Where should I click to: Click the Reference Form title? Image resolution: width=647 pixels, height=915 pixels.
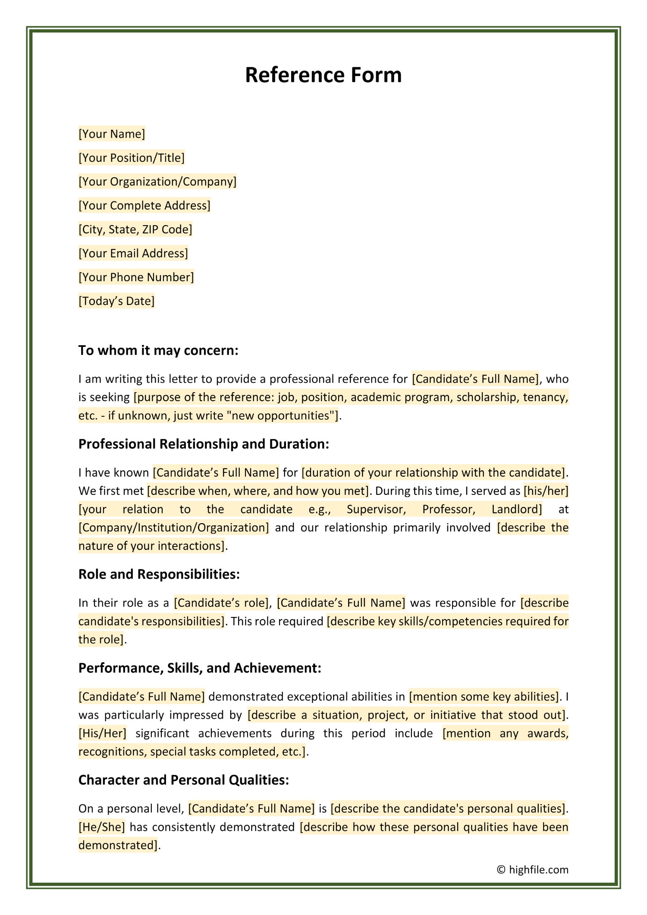(x=323, y=75)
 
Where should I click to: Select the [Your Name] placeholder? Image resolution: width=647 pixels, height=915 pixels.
(x=112, y=134)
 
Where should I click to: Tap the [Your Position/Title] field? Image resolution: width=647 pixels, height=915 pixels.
(x=132, y=158)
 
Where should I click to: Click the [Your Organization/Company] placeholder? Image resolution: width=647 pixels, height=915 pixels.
(x=157, y=182)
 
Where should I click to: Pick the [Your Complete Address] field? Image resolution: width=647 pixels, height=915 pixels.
(x=144, y=205)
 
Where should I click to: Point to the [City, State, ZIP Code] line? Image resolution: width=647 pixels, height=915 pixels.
(x=135, y=230)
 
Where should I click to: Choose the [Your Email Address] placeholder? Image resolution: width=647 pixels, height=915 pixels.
(x=133, y=253)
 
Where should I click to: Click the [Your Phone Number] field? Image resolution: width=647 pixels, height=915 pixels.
(x=136, y=277)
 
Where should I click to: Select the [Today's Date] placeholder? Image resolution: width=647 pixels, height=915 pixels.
(x=116, y=301)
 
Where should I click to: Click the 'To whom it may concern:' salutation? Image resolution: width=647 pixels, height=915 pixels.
(x=158, y=350)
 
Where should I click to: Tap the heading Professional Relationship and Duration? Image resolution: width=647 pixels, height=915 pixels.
(x=204, y=444)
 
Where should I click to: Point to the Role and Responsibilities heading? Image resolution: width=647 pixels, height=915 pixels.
(x=159, y=574)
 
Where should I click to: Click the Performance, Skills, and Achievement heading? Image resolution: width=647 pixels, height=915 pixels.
(x=200, y=668)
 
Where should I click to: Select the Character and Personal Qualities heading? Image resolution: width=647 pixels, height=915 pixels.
(x=183, y=780)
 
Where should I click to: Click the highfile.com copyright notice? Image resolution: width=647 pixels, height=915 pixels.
(x=533, y=870)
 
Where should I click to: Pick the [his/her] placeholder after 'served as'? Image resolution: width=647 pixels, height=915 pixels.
(x=546, y=491)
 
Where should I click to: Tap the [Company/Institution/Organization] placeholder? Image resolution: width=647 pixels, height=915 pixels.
(x=174, y=528)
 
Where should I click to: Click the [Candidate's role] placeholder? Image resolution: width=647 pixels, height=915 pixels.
(x=222, y=603)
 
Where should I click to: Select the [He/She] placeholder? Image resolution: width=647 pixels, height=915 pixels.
(x=102, y=827)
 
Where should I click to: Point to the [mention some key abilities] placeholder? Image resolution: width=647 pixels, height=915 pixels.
(x=484, y=697)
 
